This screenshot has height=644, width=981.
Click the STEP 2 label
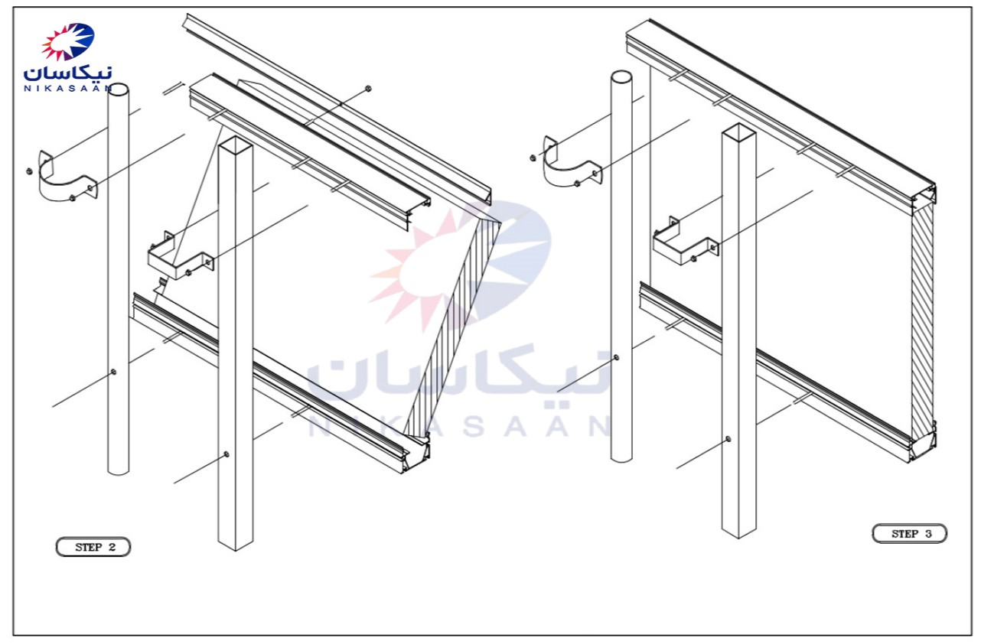coord(93,547)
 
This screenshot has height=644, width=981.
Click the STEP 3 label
coord(910,533)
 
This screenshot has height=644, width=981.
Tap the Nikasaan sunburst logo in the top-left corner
coord(68,41)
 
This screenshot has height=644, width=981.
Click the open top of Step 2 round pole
coord(119,89)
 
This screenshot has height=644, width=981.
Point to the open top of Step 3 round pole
coord(621,77)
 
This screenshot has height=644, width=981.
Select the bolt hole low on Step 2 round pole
coord(113,372)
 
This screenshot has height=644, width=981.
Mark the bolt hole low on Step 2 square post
coord(226,454)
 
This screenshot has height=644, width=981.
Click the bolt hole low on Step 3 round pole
coord(616,358)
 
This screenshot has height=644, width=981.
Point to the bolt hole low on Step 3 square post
coord(728,439)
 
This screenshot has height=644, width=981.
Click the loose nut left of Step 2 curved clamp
coord(29,171)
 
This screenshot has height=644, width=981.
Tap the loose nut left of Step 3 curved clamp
coord(533,158)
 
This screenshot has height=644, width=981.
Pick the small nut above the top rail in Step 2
coord(368,89)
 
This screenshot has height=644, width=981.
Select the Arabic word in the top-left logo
coord(68,73)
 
